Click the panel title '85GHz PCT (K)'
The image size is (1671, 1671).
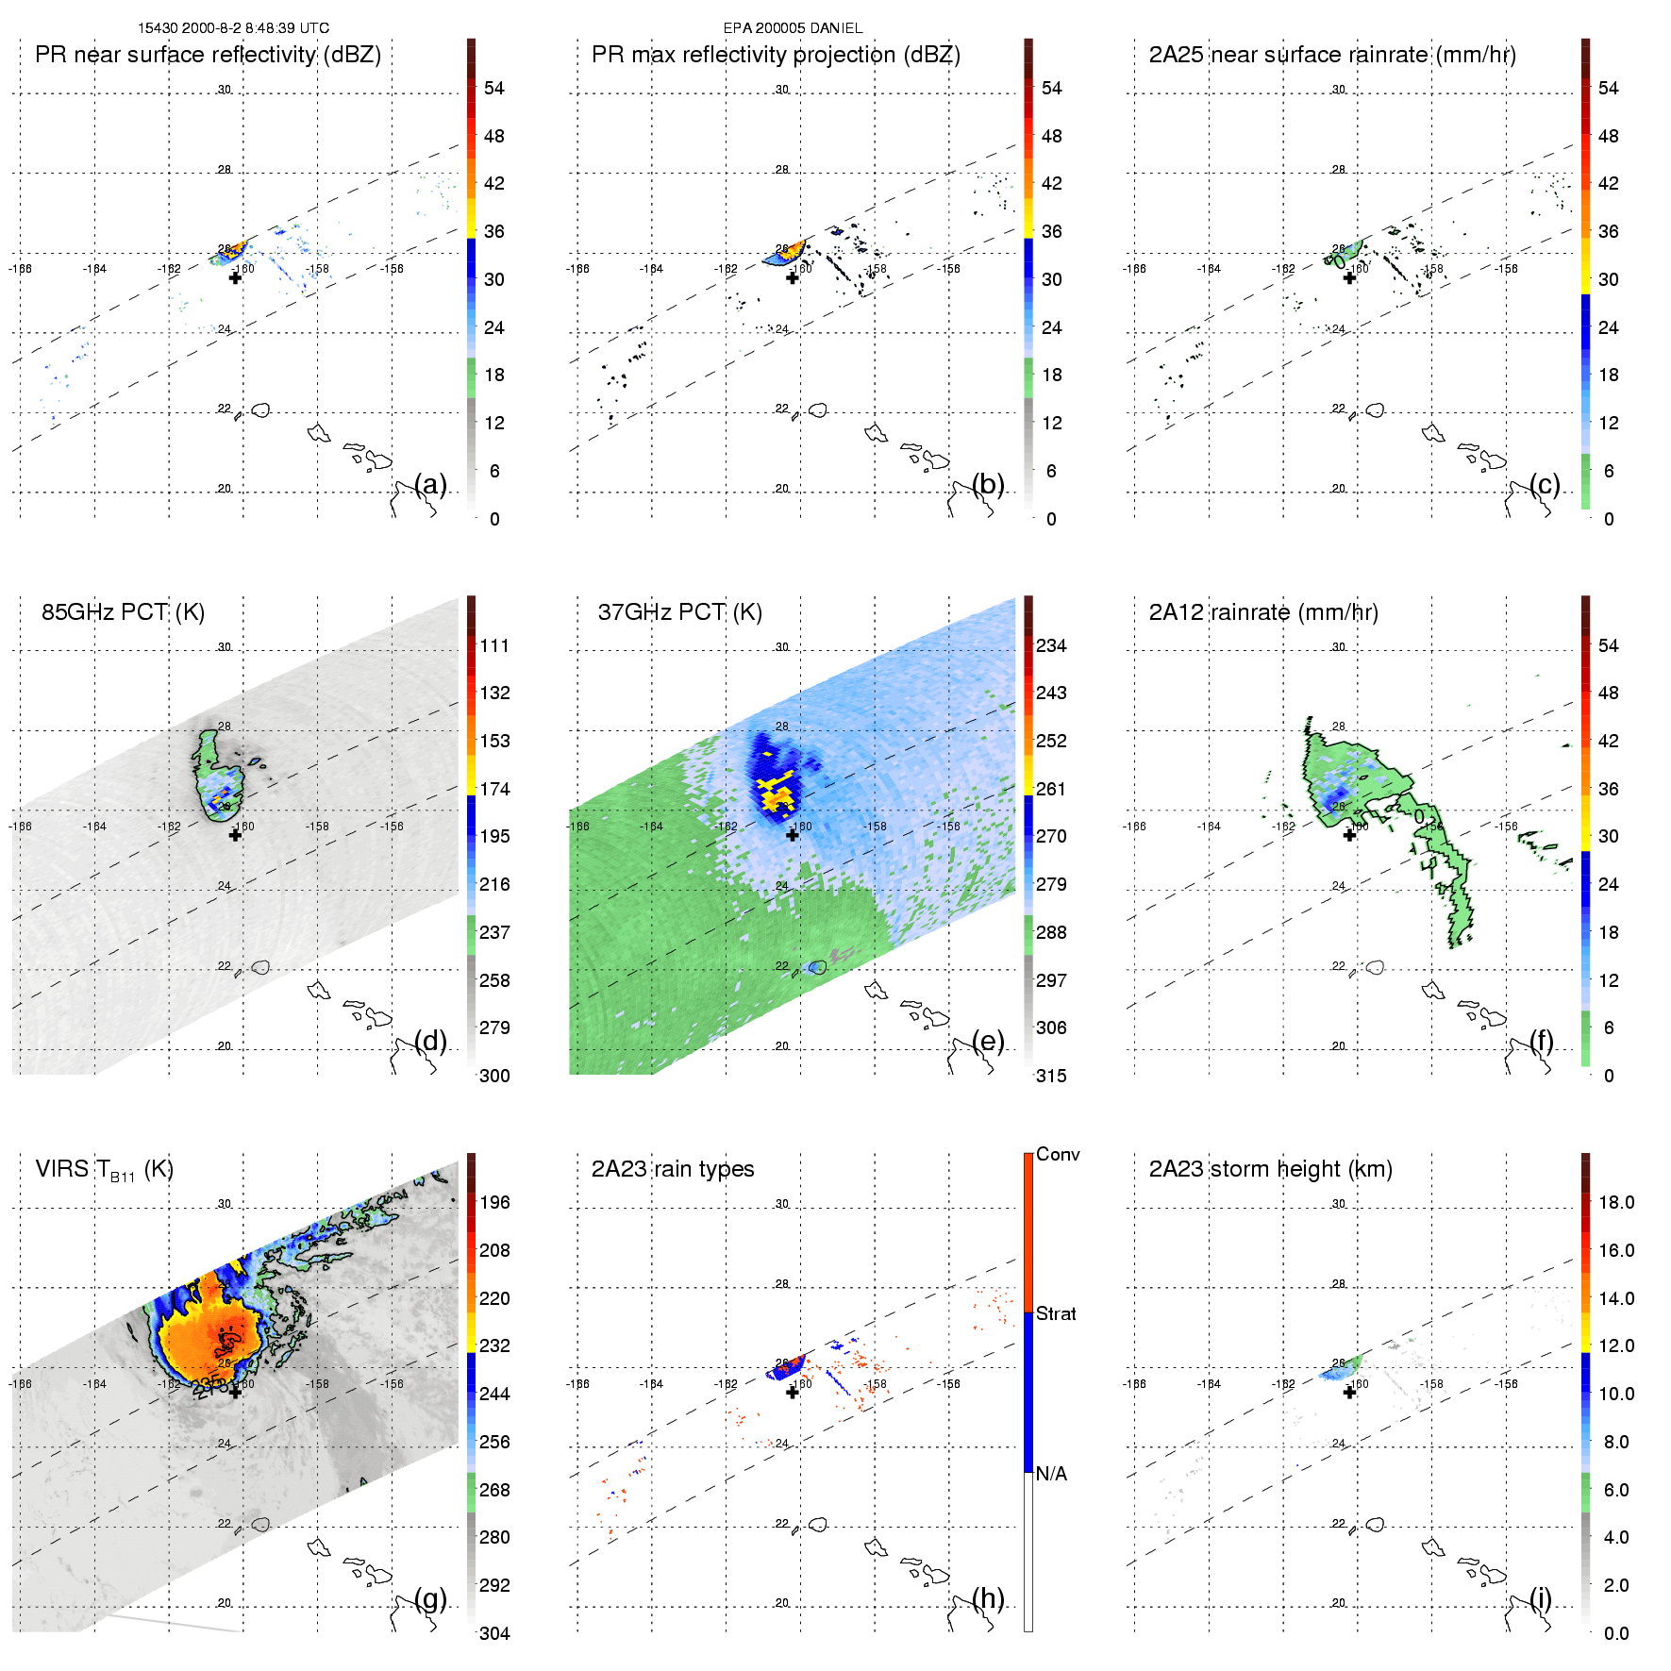[123, 612]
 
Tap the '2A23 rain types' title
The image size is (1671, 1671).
[672, 1169]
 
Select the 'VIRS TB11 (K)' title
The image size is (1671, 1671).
[104, 1170]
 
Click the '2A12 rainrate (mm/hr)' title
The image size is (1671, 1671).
[1262, 612]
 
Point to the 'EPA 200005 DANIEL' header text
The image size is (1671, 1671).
[793, 28]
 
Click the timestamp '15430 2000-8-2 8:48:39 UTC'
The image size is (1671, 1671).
[233, 28]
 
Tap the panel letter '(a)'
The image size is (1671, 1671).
[430, 484]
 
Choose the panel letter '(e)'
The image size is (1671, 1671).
[988, 1041]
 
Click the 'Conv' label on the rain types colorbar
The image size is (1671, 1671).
[1058, 1154]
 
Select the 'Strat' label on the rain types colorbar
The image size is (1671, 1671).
[1056, 1313]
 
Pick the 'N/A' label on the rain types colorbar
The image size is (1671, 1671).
[1051, 1474]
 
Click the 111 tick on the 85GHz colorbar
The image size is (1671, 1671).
[494, 645]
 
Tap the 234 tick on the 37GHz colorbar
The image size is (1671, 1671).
[1051, 645]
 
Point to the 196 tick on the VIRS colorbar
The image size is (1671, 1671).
[494, 1202]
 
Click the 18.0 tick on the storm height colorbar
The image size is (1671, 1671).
[1615, 1202]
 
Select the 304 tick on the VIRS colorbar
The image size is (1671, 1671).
[494, 1633]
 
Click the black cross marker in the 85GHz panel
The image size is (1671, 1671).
[235, 835]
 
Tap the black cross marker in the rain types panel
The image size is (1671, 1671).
[793, 1392]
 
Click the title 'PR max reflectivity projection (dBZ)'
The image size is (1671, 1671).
[776, 55]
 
